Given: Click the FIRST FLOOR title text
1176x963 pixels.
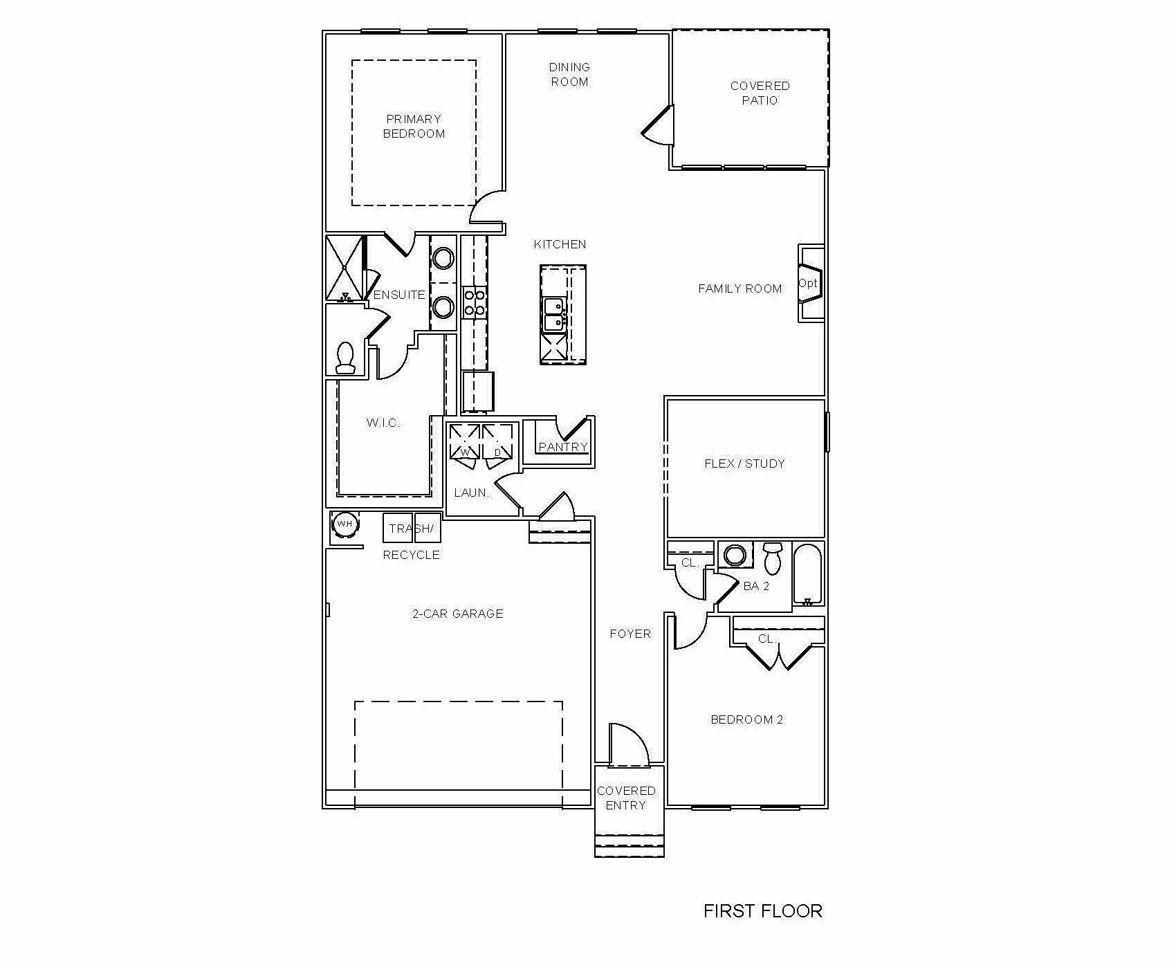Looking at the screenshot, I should click(762, 910).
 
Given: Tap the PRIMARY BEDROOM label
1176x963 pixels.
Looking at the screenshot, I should click(414, 127).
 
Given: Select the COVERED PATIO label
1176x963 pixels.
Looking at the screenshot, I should click(760, 93).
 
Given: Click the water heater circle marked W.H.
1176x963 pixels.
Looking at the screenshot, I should click(344, 524).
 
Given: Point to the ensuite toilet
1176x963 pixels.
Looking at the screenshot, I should click(344, 358).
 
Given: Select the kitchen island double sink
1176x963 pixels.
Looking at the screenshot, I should click(553, 314).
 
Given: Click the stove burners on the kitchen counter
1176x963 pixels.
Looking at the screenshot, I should click(475, 302).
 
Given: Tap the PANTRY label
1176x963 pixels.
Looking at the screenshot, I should click(562, 447).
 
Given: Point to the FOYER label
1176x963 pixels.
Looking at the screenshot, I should click(630, 634).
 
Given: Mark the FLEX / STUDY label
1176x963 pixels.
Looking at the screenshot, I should click(744, 464).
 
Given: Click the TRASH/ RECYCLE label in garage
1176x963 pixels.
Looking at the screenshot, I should click(412, 541).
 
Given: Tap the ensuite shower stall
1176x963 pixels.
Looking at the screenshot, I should click(344, 268).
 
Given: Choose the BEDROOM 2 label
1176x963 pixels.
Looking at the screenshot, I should click(746, 719).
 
